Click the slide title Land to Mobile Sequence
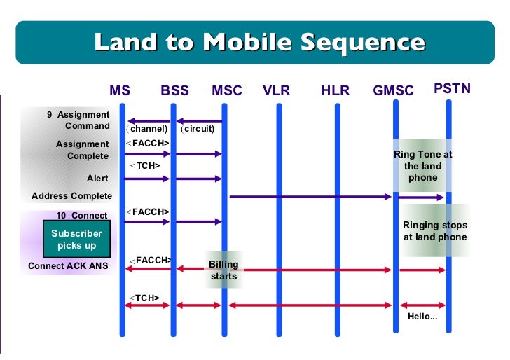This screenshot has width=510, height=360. (x=259, y=43)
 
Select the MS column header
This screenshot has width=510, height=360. (x=120, y=91)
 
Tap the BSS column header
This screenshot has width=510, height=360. (x=174, y=91)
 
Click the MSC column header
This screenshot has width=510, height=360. (x=226, y=91)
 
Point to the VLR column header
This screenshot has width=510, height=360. (x=277, y=91)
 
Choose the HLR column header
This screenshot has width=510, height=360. (x=335, y=91)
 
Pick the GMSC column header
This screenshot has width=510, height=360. (x=393, y=91)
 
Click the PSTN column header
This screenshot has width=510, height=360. (x=452, y=89)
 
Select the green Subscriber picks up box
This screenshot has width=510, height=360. (x=76, y=240)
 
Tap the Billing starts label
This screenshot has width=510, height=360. (x=224, y=270)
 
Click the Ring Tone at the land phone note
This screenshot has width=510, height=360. (x=422, y=166)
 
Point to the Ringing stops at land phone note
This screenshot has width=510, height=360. (x=434, y=231)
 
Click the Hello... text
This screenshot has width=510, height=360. (x=422, y=317)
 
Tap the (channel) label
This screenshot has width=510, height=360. (x=147, y=129)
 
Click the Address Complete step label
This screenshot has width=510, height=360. (x=71, y=196)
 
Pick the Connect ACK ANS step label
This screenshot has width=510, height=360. (x=68, y=266)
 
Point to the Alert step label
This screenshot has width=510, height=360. (x=97, y=179)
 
